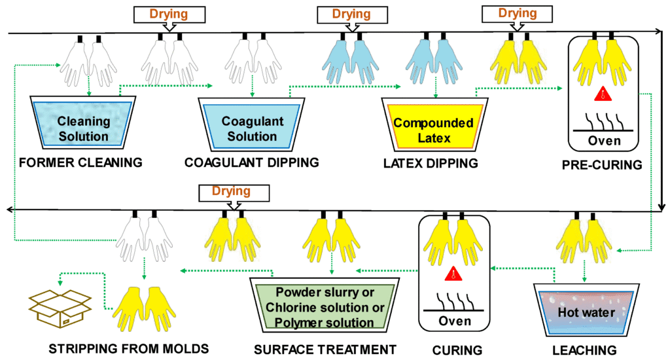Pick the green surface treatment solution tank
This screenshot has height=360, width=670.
coord(325,305)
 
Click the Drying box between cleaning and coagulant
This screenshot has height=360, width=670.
coord(168,14)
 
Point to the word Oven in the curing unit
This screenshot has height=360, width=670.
coord(454,321)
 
